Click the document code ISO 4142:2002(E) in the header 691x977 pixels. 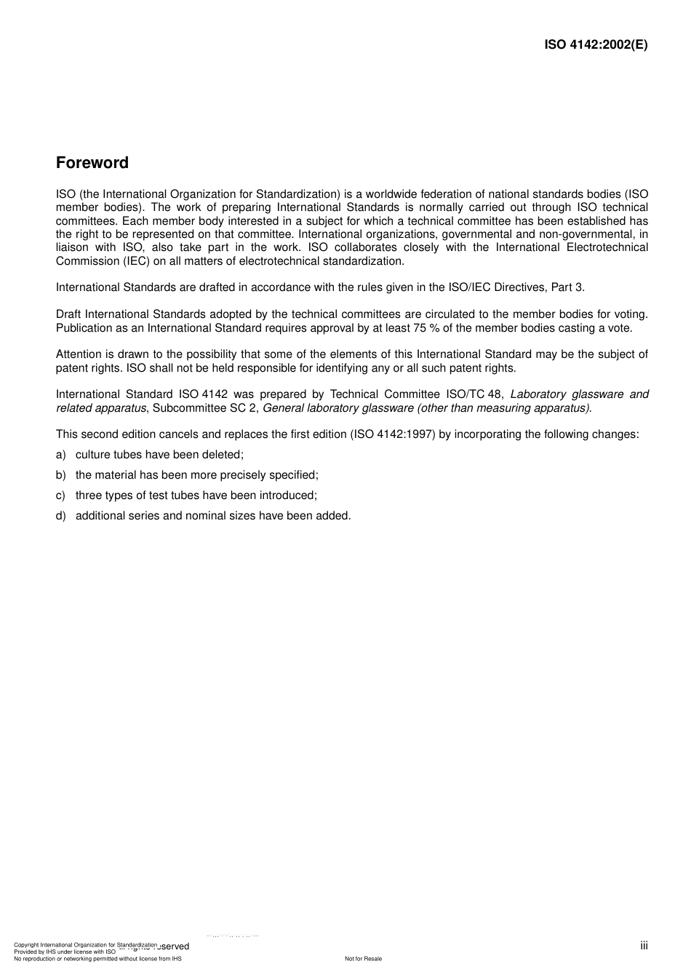click(x=596, y=44)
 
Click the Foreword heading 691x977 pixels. click(x=92, y=163)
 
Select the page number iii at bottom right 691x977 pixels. click(x=644, y=945)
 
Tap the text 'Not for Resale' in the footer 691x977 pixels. click(x=363, y=959)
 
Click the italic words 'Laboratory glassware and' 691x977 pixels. click(x=579, y=394)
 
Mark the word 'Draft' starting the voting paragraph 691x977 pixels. click(x=69, y=314)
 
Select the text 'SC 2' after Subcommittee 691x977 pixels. click(x=244, y=408)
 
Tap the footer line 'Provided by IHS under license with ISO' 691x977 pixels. click(x=65, y=952)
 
